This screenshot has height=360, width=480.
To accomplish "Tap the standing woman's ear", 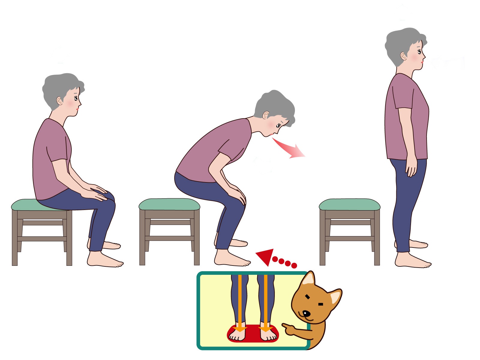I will tap(403, 56).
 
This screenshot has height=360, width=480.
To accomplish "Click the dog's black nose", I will tap(305, 314).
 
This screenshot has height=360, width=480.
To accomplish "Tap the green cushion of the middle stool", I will tap(169, 204).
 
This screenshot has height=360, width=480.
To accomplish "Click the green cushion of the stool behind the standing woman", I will tap(349, 204).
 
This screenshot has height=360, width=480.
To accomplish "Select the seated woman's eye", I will tap(76, 98).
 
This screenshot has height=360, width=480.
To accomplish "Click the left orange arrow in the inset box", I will tap(240, 303).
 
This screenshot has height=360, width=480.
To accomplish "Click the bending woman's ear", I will tap(266, 116).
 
